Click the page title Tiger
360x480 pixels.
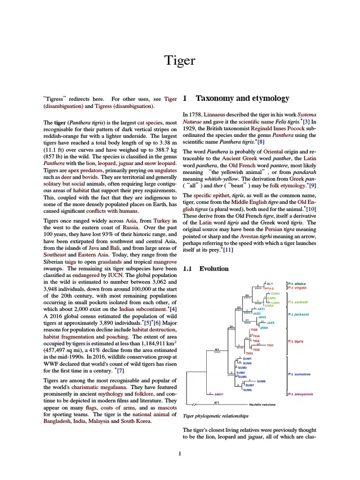point(180,60)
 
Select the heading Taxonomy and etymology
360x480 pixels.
point(242,98)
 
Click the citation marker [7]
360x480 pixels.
point(121,370)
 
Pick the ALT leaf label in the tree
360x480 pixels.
point(270,284)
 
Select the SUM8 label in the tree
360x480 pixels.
point(261,382)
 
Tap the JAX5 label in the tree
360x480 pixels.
point(270,323)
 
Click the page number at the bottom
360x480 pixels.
point(180,453)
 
